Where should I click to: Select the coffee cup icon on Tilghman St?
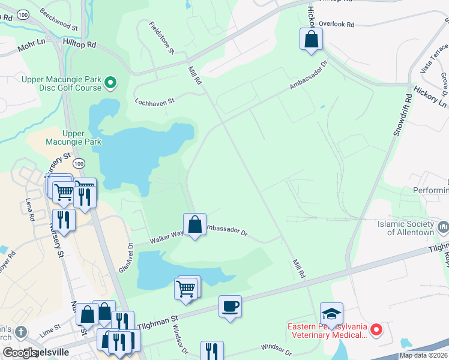(x=231, y=307)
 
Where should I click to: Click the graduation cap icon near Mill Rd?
(x=331, y=314)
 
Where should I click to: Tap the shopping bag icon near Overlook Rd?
(x=312, y=40)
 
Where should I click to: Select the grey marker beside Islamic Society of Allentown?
(x=444, y=227)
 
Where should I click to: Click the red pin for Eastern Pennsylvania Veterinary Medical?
(x=376, y=329)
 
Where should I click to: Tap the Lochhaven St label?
(x=154, y=101)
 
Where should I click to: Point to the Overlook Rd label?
(x=337, y=25)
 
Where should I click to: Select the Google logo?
(x=20, y=352)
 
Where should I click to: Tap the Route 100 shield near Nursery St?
(x=78, y=163)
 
